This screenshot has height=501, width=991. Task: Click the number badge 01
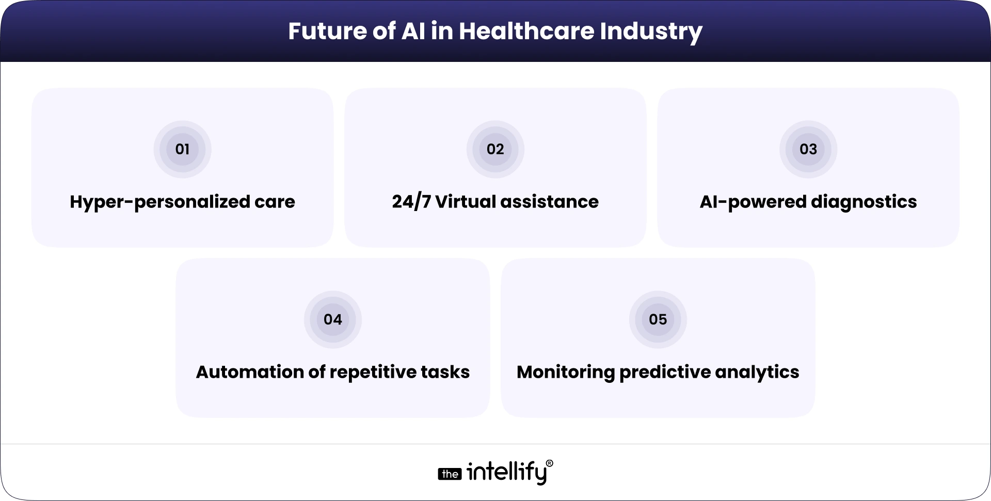pos(182,149)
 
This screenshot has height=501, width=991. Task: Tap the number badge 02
pos(495,149)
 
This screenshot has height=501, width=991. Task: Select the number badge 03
pos(808,149)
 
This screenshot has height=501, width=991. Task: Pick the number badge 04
pos(333,319)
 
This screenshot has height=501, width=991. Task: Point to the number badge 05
pos(658,319)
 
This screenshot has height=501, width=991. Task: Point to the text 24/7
pos(411,202)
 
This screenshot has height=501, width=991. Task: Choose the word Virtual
pos(465,202)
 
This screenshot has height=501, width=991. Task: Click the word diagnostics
pos(864,202)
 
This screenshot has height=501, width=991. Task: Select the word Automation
pos(249,372)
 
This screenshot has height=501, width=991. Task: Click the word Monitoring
pos(565,372)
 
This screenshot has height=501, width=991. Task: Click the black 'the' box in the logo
pos(450,474)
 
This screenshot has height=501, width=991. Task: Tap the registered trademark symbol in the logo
pos(549,463)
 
